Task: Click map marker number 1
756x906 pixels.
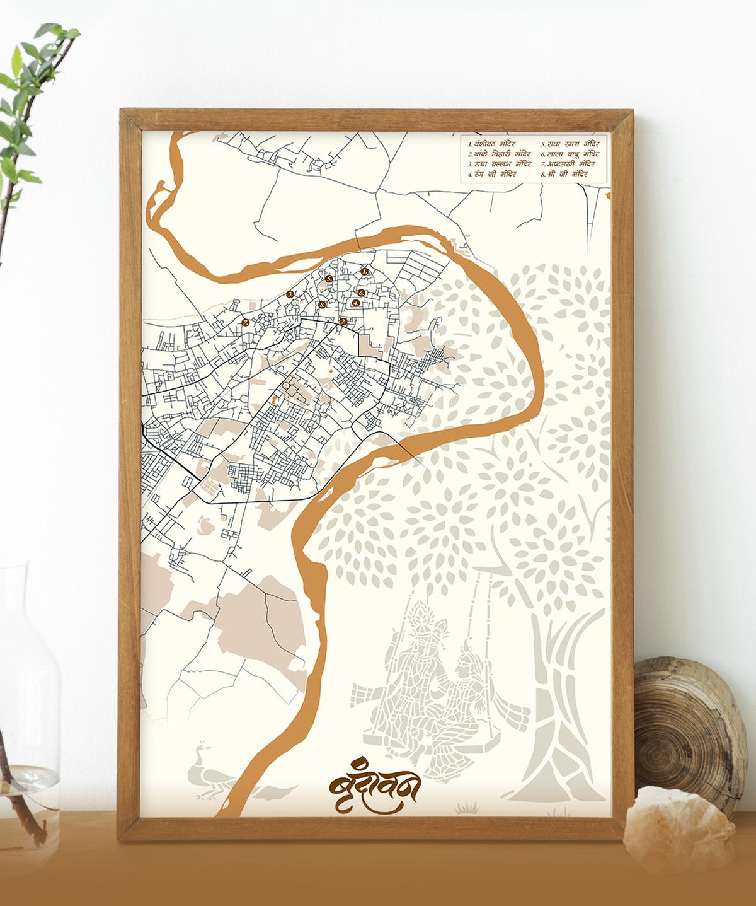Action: point(364,271)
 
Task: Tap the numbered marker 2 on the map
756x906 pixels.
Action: point(343,322)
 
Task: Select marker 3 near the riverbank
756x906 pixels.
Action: point(290,294)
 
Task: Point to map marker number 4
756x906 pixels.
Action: point(355,303)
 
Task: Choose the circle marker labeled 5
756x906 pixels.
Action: point(328,278)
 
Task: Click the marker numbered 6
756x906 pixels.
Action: point(362,293)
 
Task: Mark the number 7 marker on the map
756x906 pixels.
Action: point(246,322)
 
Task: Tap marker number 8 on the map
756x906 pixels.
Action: point(322,305)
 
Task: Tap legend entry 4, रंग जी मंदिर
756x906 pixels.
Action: point(493,173)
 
